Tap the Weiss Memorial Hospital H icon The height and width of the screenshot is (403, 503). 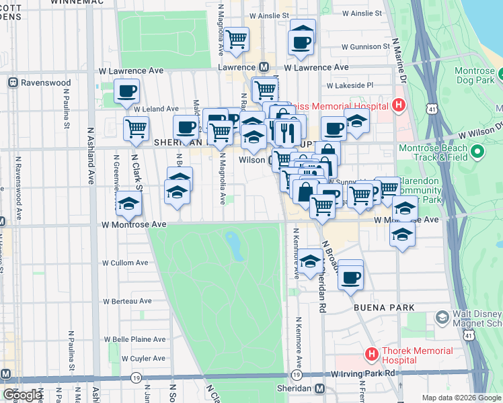pos(398,105)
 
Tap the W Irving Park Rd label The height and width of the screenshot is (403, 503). pos(361,373)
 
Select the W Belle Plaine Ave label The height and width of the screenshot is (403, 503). pos(132,340)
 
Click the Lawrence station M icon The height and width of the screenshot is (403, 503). pos(264,67)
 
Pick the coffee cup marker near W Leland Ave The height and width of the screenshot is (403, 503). pos(126,91)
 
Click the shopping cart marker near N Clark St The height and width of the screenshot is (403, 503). pos(136,128)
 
